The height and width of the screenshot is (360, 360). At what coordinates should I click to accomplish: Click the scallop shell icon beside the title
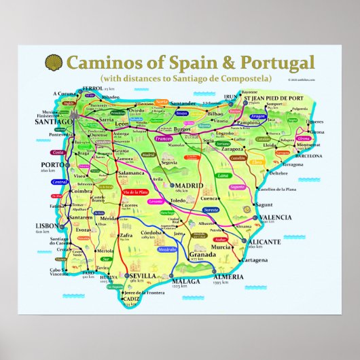pos(52,63)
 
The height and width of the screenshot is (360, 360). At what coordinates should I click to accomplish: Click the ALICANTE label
pos(264,242)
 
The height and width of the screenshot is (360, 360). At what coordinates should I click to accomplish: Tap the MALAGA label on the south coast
pos(187,281)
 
